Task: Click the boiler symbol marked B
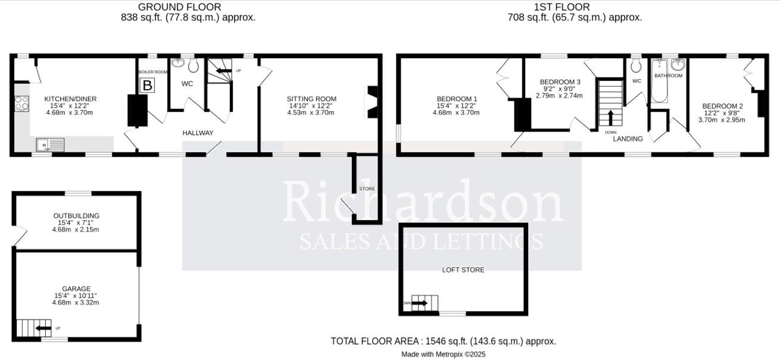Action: click(x=146, y=85)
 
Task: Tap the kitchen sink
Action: click(x=50, y=144)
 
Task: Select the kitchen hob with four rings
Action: click(x=21, y=104)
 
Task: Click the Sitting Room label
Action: click(x=311, y=99)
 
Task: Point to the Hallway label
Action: click(x=198, y=133)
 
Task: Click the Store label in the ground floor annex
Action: click(x=367, y=189)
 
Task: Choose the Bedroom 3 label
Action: click(x=560, y=82)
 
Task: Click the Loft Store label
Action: click(x=463, y=270)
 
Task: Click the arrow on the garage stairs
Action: click(x=43, y=328)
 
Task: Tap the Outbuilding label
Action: click(x=76, y=216)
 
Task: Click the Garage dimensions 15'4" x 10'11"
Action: click(x=76, y=295)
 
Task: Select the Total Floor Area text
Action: click(x=443, y=341)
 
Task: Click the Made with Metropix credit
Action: click(x=443, y=354)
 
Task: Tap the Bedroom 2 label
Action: click(x=722, y=106)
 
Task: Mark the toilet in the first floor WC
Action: click(x=637, y=65)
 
